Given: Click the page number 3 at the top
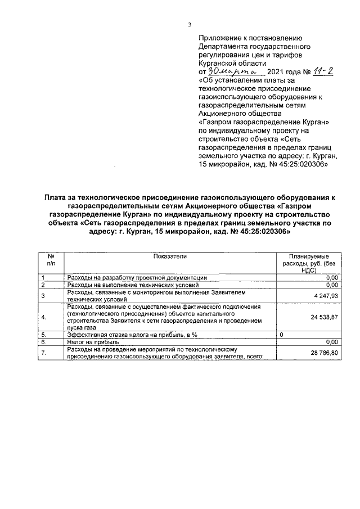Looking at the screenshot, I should pos(190,24).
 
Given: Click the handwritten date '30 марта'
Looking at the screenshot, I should pos(232,72).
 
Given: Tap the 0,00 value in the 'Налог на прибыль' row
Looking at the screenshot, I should pos(331,341).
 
